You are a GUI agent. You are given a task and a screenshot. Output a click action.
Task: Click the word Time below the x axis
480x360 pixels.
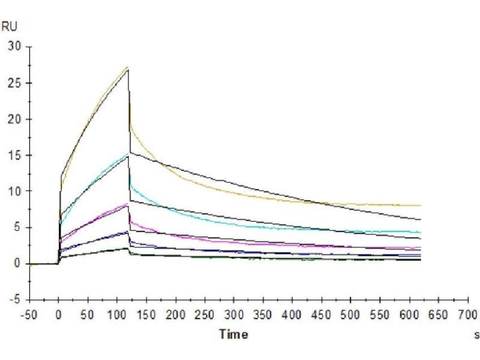pyautogui.click(x=233, y=334)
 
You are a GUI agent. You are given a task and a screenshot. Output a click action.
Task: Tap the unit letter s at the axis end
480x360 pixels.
pyautogui.click(x=476, y=334)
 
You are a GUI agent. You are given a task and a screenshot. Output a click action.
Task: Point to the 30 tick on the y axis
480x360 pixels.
pyautogui.click(x=14, y=47)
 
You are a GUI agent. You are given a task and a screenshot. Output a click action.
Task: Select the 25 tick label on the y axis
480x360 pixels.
pyautogui.click(x=14, y=83)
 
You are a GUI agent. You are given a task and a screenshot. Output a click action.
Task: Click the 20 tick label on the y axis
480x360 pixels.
pyautogui.click(x=14, y=119)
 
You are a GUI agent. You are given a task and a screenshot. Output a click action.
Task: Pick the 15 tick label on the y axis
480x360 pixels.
pyautogui.click(x=14, y=155)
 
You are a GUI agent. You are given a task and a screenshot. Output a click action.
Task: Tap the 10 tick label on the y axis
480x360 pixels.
pyautogui.click(x=14, y=191)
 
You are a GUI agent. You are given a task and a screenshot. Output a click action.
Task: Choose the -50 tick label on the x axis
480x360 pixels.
pyautogui.click(x=29, y=315)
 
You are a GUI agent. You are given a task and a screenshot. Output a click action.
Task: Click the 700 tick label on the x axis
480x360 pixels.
pyautogui.click(x=468, y=315)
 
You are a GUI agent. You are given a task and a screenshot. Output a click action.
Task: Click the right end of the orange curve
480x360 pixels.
pyautogui.click(x=421, y=206)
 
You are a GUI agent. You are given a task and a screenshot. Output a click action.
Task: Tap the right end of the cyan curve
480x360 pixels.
pyautogui.click(x=421, y=232)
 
